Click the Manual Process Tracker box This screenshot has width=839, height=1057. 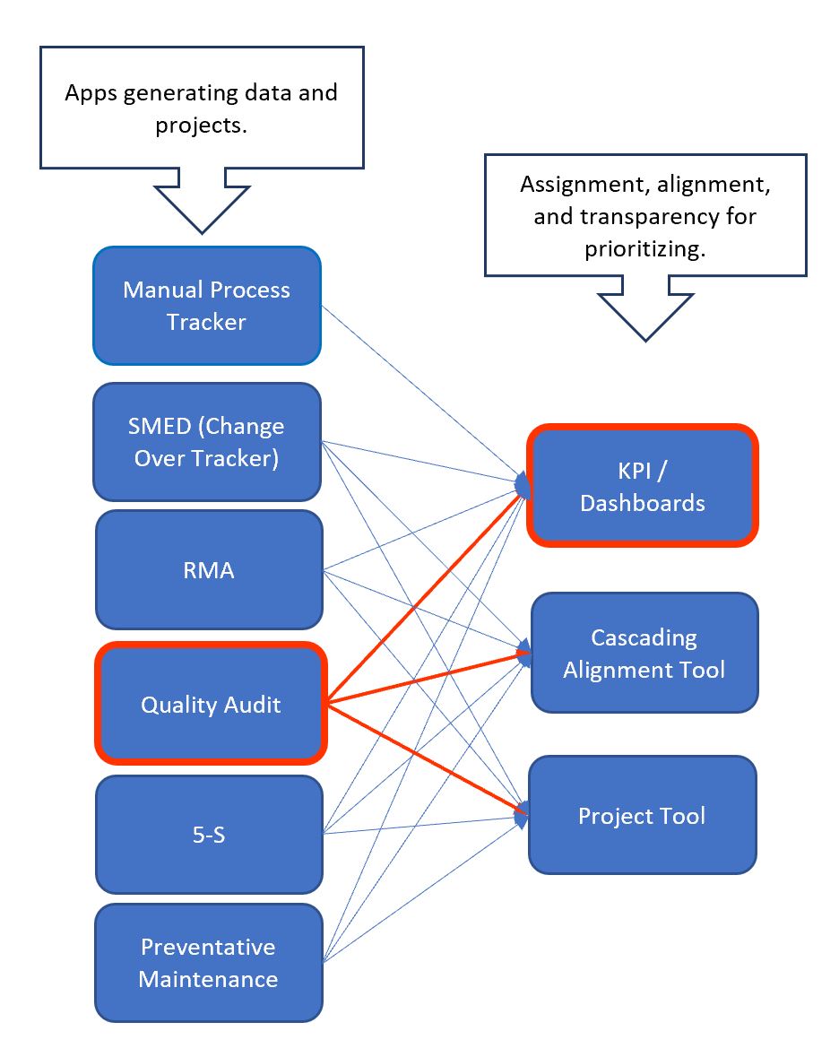point(206,306)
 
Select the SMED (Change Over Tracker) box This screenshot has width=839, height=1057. point(206,441)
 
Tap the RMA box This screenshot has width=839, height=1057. point(208,570)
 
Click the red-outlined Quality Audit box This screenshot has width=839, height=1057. point(210,704)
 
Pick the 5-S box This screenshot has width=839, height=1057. point(208,834)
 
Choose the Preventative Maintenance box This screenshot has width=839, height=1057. point(208,962)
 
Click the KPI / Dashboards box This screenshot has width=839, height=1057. point(642,486)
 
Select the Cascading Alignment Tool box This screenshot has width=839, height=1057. point(644,653)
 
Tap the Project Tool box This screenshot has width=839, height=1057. point(642,815)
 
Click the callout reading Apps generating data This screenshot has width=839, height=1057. point(201,108)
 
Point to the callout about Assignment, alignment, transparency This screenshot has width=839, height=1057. point(644,216)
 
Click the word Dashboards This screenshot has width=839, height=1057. point(642,503)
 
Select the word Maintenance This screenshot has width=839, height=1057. point(208,978)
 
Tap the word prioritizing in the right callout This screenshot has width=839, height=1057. point(644,248)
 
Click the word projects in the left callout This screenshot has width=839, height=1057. point(201,125)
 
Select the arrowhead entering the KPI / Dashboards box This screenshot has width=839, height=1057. point(522,484)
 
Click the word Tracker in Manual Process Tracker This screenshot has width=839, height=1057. point(206,323)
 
